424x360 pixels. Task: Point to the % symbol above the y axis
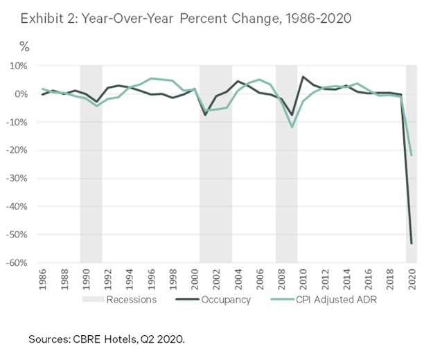coord(24,48)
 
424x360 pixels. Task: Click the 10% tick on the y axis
coord(18,66)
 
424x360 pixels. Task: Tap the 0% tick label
coord(20,94)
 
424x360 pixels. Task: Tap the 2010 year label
coord(303,280)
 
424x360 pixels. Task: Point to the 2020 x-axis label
coord(411,280)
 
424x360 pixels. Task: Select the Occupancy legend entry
coord(231,300)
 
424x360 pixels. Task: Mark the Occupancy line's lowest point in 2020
coord(412,243)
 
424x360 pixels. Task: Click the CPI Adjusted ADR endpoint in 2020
coord(412,154)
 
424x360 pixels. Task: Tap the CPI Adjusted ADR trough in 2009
coord(292,127)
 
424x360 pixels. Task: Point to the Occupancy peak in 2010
coord(303,77)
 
